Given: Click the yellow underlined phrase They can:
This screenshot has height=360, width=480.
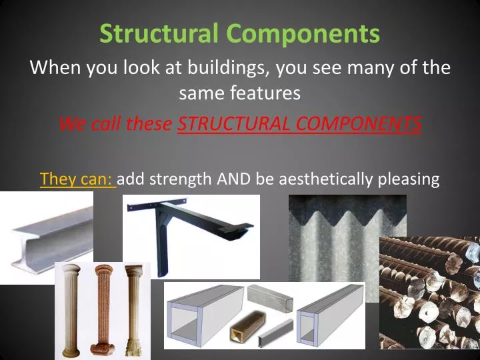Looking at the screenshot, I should [x=77, y=179].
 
